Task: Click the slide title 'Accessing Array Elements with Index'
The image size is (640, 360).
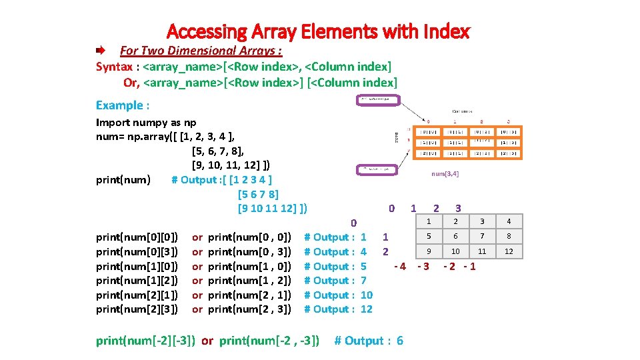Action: coord(319,31)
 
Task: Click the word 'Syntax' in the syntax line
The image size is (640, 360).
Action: coord(114,67)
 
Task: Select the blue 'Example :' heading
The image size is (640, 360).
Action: coord(123,105)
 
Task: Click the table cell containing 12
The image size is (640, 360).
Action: coord(509,251)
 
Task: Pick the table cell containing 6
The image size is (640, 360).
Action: coord(456,236)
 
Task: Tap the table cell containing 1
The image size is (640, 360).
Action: coord(429,221)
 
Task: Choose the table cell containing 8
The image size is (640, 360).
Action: coord(509,236)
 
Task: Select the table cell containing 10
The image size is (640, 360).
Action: coord(456,251)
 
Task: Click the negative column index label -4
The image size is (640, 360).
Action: coord(400,267)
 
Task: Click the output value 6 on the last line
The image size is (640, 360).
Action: coord(399,341)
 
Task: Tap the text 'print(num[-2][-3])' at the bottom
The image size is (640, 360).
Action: coord(145,341)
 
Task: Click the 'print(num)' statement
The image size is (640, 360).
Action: coord(123,179)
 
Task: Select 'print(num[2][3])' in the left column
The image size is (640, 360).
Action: coord(137,309)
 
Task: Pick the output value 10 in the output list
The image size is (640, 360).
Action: coord(366,295)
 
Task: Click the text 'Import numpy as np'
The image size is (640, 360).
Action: coord(146,122)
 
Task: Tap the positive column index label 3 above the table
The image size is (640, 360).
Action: coord(458,209)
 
